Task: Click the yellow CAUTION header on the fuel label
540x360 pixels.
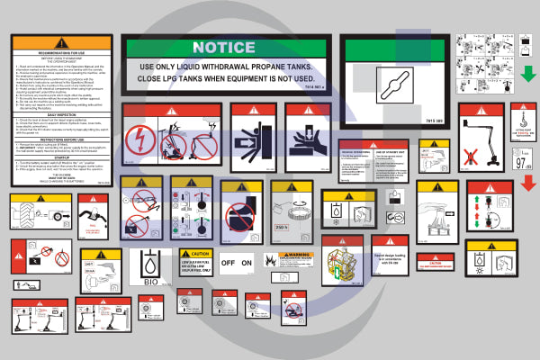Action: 193,254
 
